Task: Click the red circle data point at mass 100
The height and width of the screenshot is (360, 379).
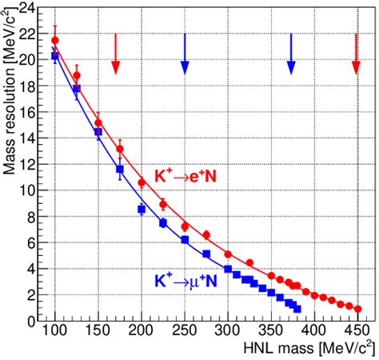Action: point(55,40)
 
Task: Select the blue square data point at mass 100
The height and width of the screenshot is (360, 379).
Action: point(55,57)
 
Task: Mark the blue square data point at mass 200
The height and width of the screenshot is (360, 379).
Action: point(142,209)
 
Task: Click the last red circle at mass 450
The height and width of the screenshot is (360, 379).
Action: point(357,309)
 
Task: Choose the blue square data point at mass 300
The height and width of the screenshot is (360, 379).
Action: point(228,269)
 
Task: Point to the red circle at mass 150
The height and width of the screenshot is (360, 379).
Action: point(98,122)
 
